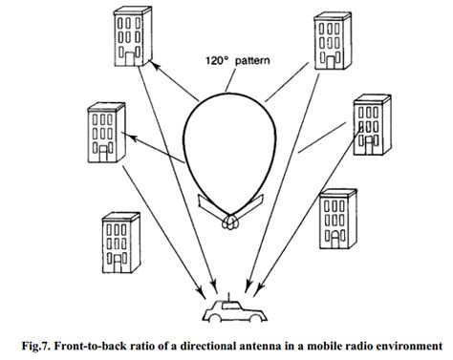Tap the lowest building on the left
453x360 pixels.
[119, 244]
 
